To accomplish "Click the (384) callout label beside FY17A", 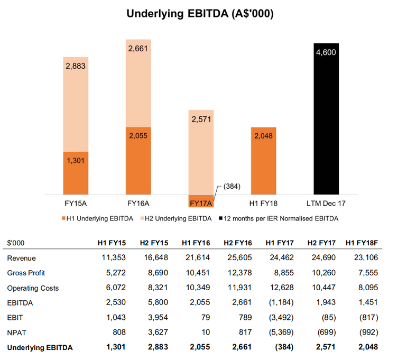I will [230, 187].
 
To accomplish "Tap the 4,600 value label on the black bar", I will [326, 52].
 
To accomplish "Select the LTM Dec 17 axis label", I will [326, 204].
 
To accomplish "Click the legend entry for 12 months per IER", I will [280, 218].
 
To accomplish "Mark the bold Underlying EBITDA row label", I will [40, 348].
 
